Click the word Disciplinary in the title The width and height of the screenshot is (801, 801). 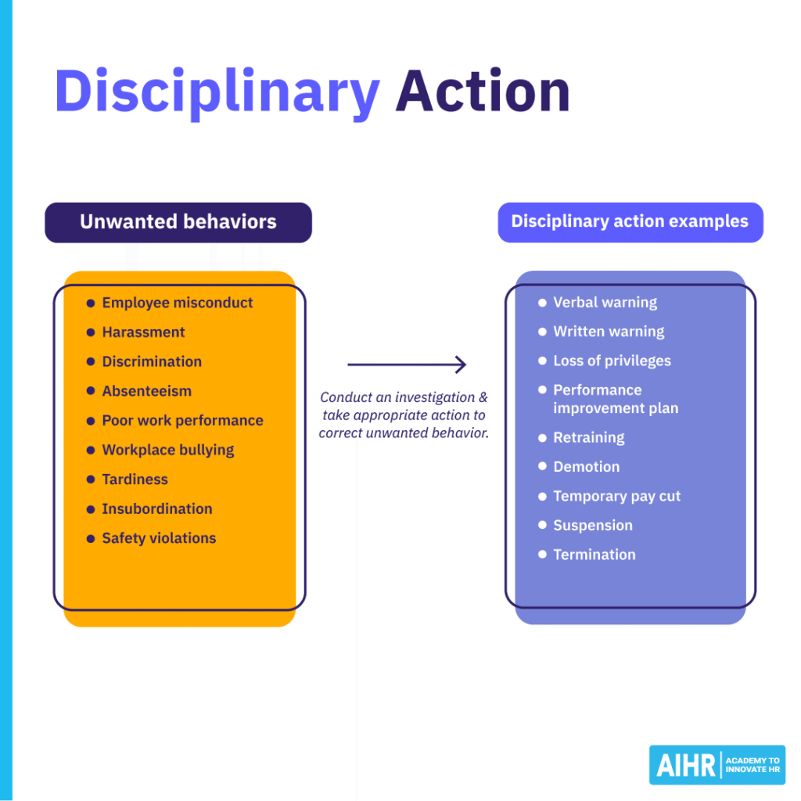tap(217, 92)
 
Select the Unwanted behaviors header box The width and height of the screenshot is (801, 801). tap(178, 222)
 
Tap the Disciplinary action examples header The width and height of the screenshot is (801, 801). tap(630, 221)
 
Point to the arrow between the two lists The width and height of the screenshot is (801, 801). tap(407, 365)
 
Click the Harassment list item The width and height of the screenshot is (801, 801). tap(143, 332)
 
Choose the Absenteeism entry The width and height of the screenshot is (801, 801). tap(146, 391)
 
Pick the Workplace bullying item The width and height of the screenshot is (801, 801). tap(167, 450)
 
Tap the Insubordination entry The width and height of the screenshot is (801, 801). tap(156, 508)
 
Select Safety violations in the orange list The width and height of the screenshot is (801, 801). tap(159, 538)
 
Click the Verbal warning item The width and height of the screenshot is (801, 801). tap(605, 303)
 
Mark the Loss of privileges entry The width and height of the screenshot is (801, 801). tap(612, 361)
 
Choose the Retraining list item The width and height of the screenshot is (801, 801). tap(588, 437)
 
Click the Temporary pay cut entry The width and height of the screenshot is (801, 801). tap(616, 496)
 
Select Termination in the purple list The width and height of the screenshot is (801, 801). tap(594, 555)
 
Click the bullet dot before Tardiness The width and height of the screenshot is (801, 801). tap(91, 480)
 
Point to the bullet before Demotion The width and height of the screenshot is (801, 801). tap(542, 467)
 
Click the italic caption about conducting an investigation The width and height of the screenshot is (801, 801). tap(404, 415)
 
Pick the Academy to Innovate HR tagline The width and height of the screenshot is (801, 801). tap(753, 766)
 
